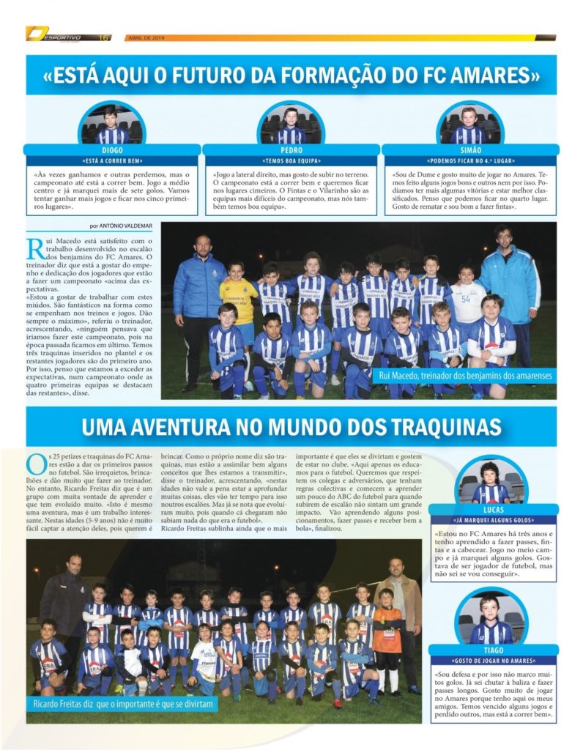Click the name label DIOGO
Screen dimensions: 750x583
[x=112, y=149]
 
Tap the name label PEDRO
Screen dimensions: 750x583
[x=291, y=149]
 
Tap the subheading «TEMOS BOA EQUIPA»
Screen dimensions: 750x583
[x=291, y=160]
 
